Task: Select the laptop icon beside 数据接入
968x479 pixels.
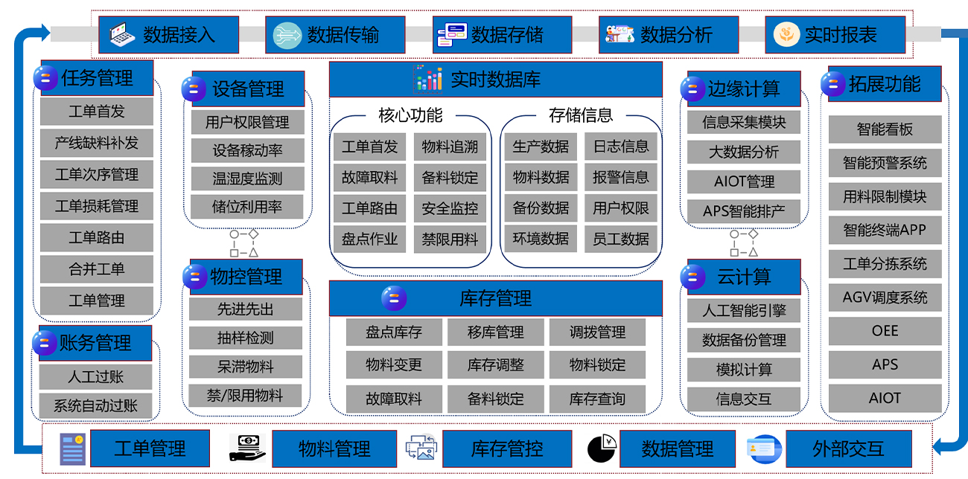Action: [x=121, y=34]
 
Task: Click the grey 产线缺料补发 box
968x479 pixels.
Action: [x=97, y=143]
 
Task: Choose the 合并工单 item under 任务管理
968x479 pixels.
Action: [x=97, y=269]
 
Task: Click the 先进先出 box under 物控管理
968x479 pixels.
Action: [x=246, y=309]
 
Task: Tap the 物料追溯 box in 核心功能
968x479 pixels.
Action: [x=450, y=147]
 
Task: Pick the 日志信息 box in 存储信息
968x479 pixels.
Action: [x=620, y=147]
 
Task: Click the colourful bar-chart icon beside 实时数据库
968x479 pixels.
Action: [x=429, y=79]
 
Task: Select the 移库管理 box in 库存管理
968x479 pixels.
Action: [x=495, y=332]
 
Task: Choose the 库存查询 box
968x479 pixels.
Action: [x=597, y=399]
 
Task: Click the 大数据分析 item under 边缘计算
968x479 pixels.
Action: [x=744, y=152]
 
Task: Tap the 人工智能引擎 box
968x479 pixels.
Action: [x=744, y=310]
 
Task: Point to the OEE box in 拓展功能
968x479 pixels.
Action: [x=885, y=331]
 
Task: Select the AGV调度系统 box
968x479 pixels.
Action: [x=885, y=298]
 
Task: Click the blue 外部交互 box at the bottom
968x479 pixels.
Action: [x=848, y=449]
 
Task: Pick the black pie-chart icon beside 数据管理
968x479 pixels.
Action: [x=602, y=448]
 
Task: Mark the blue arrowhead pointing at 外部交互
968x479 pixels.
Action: [x=938, y=448]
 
